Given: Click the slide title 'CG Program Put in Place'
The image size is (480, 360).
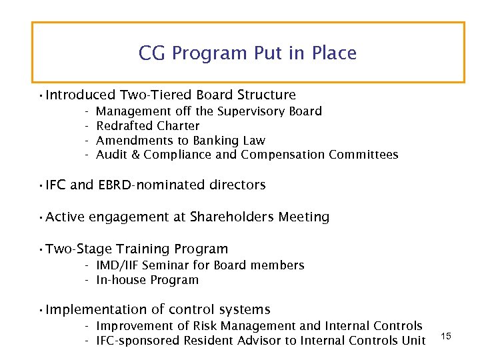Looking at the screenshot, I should point(247,53).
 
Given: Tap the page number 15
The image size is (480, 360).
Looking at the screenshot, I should point(446,337).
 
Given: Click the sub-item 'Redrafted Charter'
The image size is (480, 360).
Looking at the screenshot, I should point(147,126).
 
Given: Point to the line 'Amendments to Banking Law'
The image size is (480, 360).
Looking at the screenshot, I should point(180,141).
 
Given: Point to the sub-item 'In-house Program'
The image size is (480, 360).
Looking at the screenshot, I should point(147,280).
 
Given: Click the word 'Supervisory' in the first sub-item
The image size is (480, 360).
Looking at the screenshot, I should point(251,111).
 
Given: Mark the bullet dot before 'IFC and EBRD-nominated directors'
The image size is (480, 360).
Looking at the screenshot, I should point(41,185).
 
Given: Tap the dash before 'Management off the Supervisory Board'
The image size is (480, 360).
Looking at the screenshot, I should point(87,111).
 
